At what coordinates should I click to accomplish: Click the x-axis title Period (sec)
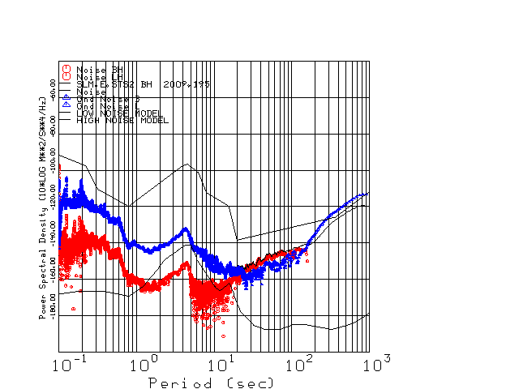211,383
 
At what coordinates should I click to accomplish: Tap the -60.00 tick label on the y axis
54,88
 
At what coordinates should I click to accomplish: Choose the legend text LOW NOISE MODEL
119,113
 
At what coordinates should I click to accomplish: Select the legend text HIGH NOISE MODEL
122,120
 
